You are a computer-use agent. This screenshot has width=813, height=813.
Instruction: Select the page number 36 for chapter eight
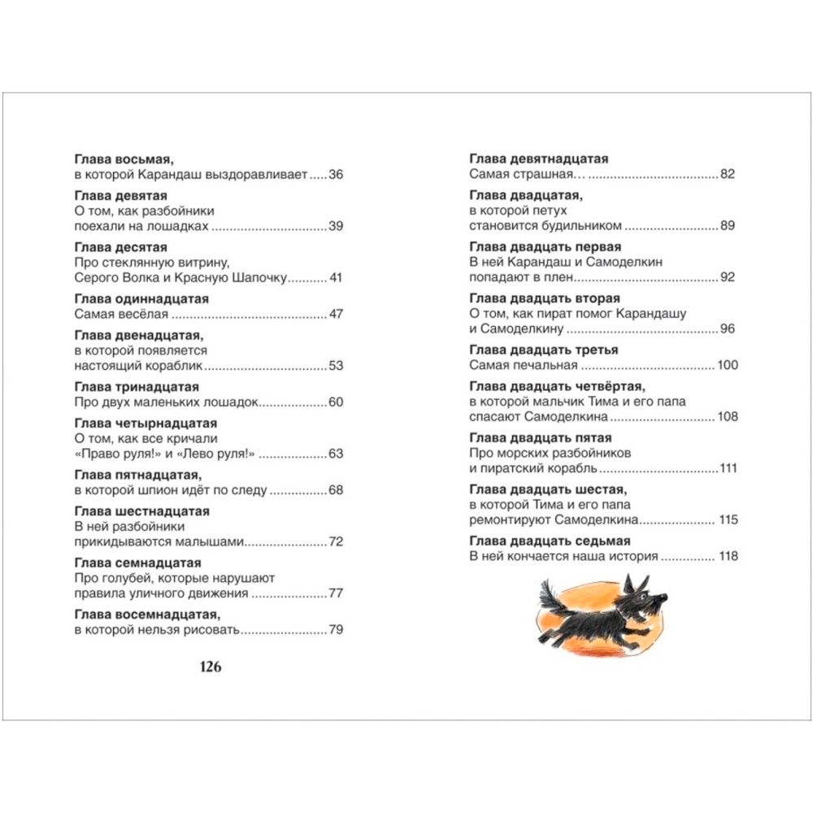[337, 174]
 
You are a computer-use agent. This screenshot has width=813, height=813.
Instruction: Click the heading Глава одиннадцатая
[141, 299]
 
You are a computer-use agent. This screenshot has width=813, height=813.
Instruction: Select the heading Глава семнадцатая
[137, 563]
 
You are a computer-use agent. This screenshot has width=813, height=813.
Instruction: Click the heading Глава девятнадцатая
[539, 159]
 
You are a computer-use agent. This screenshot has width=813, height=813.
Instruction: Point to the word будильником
[580, 225]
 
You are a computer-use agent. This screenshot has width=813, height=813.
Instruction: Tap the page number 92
[728, 277]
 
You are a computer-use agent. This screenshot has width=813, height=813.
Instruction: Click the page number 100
[728, 365]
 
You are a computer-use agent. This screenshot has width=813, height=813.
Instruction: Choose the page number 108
[728, 416]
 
